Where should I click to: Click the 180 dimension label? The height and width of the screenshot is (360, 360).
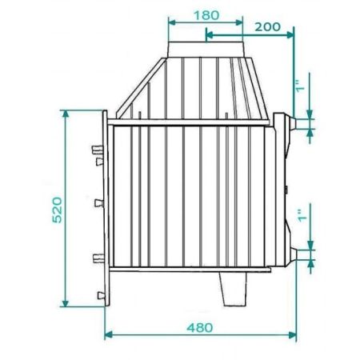point(206,15)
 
